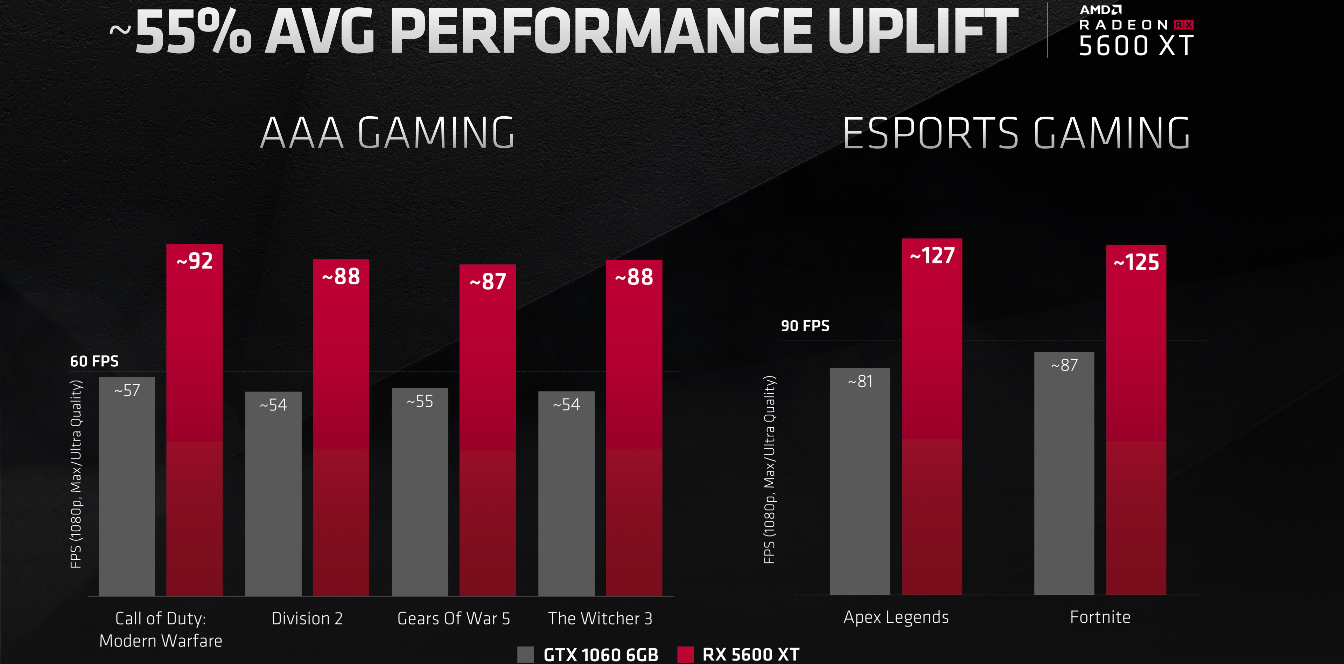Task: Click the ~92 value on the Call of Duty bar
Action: [x=195, y=261]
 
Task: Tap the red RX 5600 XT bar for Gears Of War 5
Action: [x=487, y=444]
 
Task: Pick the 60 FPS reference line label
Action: [x=94, y=361]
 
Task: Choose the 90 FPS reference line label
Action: [x=805, y=326]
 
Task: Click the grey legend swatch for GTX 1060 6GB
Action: [x=525, y=655]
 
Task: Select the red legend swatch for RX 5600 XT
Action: [x=685, y=655]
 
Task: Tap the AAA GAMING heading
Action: [x=387, y=133]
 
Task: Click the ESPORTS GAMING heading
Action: [x=1016, y=133]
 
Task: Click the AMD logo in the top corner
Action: [x=1100, y=9]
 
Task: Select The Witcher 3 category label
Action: [x=600, y=618]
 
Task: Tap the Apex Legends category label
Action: [x=896, y=617]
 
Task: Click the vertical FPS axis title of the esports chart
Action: [x=769, y=470]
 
